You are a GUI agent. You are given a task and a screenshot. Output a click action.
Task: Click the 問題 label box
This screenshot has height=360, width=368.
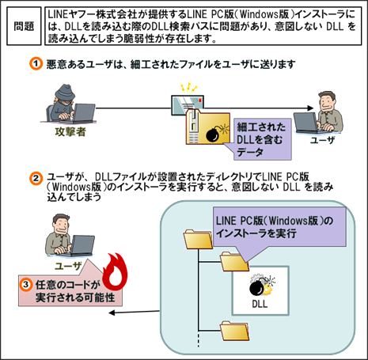pos(24,26)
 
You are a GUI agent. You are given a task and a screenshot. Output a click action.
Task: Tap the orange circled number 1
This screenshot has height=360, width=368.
pos(36,64)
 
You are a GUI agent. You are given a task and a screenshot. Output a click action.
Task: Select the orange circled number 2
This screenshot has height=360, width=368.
pos(36,179)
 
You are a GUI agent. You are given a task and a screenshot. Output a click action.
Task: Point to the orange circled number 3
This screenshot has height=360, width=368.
pos(26,285)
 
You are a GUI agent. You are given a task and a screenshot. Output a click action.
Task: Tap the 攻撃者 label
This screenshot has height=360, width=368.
pos(70,131)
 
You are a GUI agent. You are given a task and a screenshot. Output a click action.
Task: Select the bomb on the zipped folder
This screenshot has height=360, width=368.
pos(214,134)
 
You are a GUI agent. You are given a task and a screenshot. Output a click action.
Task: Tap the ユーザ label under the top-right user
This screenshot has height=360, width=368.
pos(321,140)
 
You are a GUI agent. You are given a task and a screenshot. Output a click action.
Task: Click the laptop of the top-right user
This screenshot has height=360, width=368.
pos(306,123)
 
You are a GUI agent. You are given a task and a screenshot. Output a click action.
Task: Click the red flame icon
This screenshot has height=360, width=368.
pos(115,271)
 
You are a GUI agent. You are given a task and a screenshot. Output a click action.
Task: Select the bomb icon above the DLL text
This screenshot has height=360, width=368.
pos(261,286)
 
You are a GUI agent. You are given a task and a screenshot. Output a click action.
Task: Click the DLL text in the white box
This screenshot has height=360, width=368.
pos(260,304)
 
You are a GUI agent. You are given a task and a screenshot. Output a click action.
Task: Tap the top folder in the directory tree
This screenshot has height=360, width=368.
pos(198,239)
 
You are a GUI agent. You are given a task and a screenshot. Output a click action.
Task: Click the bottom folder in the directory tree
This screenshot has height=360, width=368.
pos(234,331)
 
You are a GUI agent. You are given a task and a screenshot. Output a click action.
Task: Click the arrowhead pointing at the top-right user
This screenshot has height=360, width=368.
pos(310,108)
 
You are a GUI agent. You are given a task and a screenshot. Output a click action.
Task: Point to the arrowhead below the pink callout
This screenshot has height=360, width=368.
pos(112,313)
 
